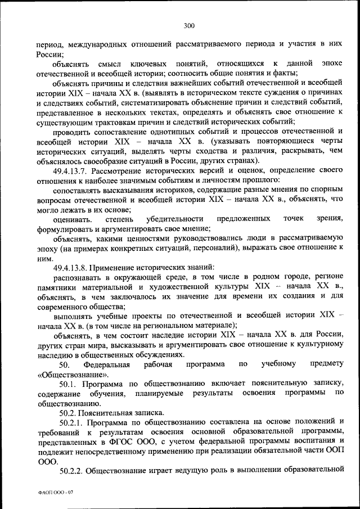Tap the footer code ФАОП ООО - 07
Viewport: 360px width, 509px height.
pos(56,493)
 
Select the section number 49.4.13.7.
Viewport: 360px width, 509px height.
pos(72,170)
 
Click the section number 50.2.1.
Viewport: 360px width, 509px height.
pos(68,422)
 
